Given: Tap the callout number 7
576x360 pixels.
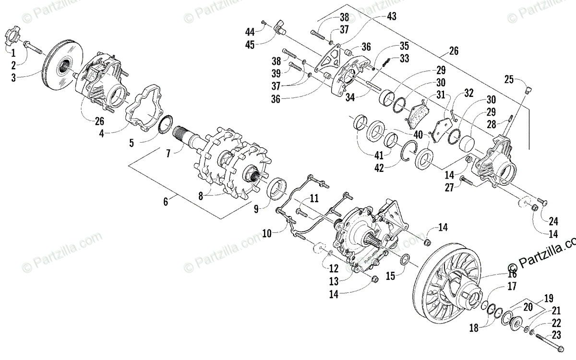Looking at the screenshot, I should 168,155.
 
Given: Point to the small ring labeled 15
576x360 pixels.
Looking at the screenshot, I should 405,260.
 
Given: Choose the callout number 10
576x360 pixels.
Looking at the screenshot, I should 267,234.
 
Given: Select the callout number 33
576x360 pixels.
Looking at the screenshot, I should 404,59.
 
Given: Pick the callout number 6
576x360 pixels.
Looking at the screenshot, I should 166,202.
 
